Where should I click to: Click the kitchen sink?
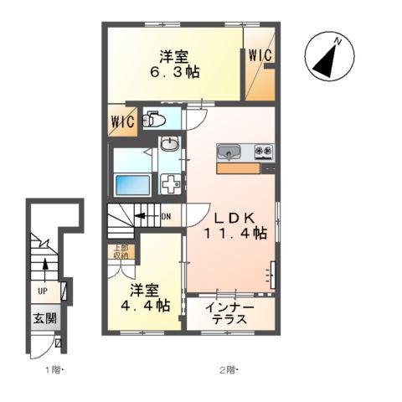point(229,152)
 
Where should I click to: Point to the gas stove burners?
point(265,152)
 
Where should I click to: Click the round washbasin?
point(170,145)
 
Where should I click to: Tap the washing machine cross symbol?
point(170,184)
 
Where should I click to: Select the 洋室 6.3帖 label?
point(174,64)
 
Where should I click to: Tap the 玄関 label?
point(45,318)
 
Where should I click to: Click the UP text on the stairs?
point(41,292)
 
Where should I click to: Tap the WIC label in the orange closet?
point(260,55)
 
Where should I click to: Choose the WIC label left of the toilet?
point(121,120)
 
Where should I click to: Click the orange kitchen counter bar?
point(239,167)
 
